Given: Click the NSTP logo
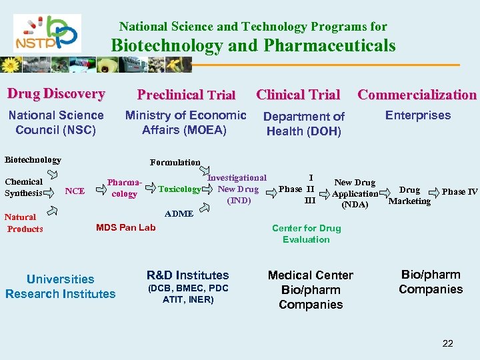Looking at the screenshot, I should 47,33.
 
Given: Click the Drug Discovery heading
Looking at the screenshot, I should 56,94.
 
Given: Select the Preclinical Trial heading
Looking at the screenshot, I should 186,95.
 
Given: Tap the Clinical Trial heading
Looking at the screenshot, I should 298,95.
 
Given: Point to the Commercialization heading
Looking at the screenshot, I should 417,95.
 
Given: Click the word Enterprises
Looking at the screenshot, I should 418,115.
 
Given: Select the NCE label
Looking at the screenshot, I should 75,191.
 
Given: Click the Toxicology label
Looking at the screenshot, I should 179,189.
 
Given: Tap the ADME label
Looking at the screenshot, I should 178,213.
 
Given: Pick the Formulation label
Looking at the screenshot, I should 175,162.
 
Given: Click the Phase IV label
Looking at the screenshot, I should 459,192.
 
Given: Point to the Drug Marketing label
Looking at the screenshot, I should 409,195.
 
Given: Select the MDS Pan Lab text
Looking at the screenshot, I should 126,227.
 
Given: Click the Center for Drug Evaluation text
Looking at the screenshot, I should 306,233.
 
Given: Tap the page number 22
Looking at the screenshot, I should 447,343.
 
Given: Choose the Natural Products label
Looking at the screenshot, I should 24,223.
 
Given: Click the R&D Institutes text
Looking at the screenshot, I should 187,275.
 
